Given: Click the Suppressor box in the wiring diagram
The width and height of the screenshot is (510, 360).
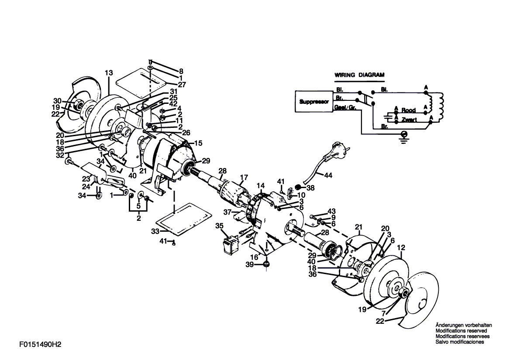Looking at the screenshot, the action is [314, 102].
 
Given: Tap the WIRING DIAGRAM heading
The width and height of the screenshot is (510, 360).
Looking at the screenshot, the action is [359, 75].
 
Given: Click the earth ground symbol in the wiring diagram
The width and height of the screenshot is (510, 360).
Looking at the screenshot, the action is [404, 135].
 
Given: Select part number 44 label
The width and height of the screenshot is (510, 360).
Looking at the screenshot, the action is [328, 175].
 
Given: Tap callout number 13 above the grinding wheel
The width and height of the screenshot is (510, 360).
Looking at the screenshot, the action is [109, 73].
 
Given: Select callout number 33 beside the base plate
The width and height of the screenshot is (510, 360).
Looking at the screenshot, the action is [155, 231].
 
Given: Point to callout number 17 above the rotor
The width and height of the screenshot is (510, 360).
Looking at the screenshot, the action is [244, 178].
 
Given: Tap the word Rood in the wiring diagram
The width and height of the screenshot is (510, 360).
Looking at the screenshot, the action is [408, 110].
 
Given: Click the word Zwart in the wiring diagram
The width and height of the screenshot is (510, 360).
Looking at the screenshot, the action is [409, 120].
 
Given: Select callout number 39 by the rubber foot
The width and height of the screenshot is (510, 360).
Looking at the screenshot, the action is [250, 265].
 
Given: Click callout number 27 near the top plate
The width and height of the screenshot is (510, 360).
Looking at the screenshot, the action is [182, 85].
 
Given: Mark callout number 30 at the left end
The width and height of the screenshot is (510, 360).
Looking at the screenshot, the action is [57, 101].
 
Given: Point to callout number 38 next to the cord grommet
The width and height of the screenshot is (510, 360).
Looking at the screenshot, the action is [310, 188].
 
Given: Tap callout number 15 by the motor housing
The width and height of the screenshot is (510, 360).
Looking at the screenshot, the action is [198, 143].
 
